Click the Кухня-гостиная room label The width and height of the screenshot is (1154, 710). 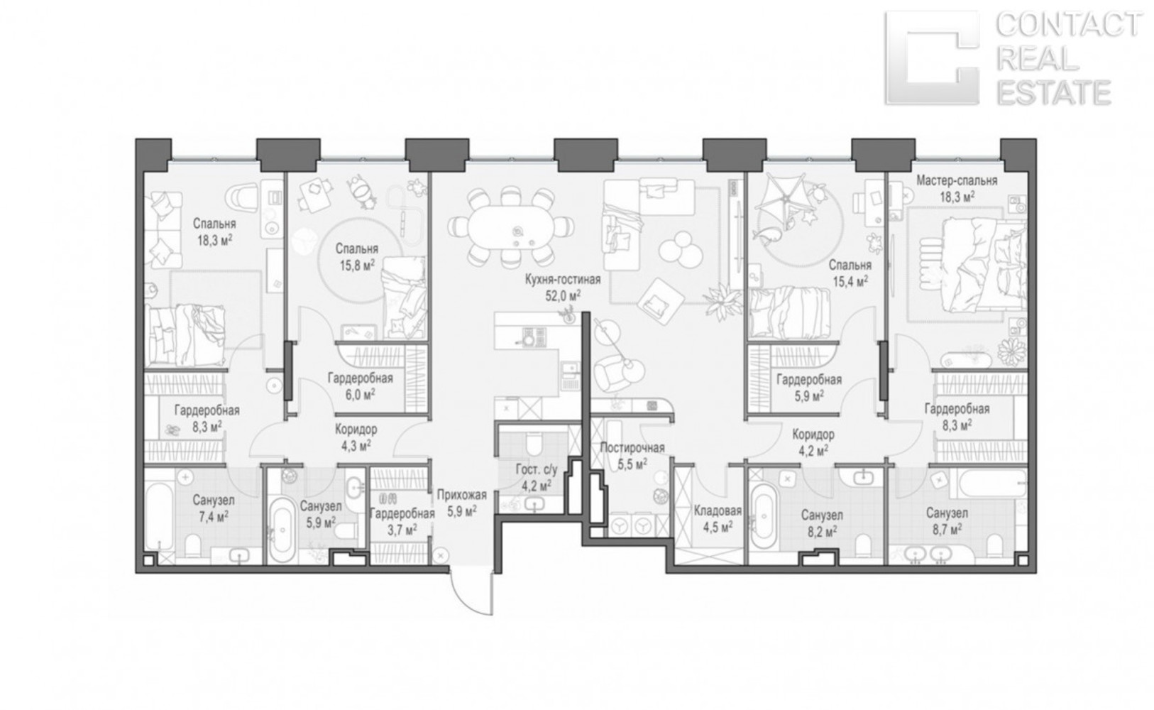pyautogui.click(x=563, y=280)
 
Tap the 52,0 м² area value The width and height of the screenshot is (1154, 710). pyautogui.click(x=563, y=295)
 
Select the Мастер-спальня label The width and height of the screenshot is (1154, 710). pyautogui.click(x=957, y=181)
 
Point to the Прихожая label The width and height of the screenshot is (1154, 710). pyautogui.click(x=461, y=496)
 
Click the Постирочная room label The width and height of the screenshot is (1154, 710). pyautogui.click(x=632, y=448)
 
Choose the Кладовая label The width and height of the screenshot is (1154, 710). pyautogui.click(x=718, y=511)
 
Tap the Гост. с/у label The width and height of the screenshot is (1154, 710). pyautogui.click(x=537, y=470)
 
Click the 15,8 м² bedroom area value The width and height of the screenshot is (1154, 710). pyautogui.click(x=357, y=265)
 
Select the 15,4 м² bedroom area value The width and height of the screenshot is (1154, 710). pyautogui.click(x=850, y=281)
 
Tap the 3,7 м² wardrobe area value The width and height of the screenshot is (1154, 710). pyautogui.click(x=402, y=529)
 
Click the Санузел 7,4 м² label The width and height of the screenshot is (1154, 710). pyautogui.click(x=214, y=508)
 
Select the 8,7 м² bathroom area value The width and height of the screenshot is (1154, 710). pyautogui.click(x=947, y=529)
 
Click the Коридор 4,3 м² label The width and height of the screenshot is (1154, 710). pyautogui.click(x=356, y=437)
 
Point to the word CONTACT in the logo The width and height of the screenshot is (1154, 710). pyautogui.click(x=1068, y=26)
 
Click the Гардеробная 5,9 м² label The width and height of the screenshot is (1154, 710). pyautogui.click(x=809, y=388)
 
